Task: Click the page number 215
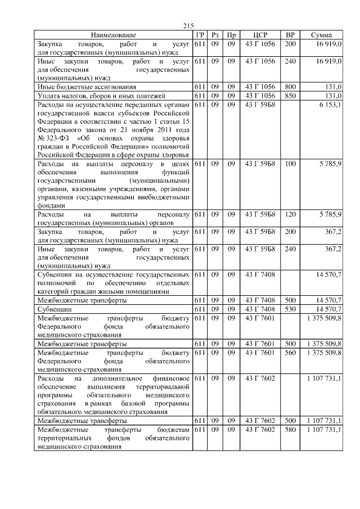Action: point(188,26)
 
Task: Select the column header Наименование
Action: point(113,35)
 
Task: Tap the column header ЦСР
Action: point(260,35)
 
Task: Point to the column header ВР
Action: point(290,35)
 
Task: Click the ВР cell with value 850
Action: point(290,96)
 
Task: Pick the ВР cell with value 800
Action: point(290,87)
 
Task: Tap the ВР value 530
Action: point(290,309)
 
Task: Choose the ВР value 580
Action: point(290,430)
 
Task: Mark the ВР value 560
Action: point(290,352)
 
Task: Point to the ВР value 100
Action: point(290,164)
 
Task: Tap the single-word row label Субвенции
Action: point(55,309)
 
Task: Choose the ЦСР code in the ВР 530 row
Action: point(260,309)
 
